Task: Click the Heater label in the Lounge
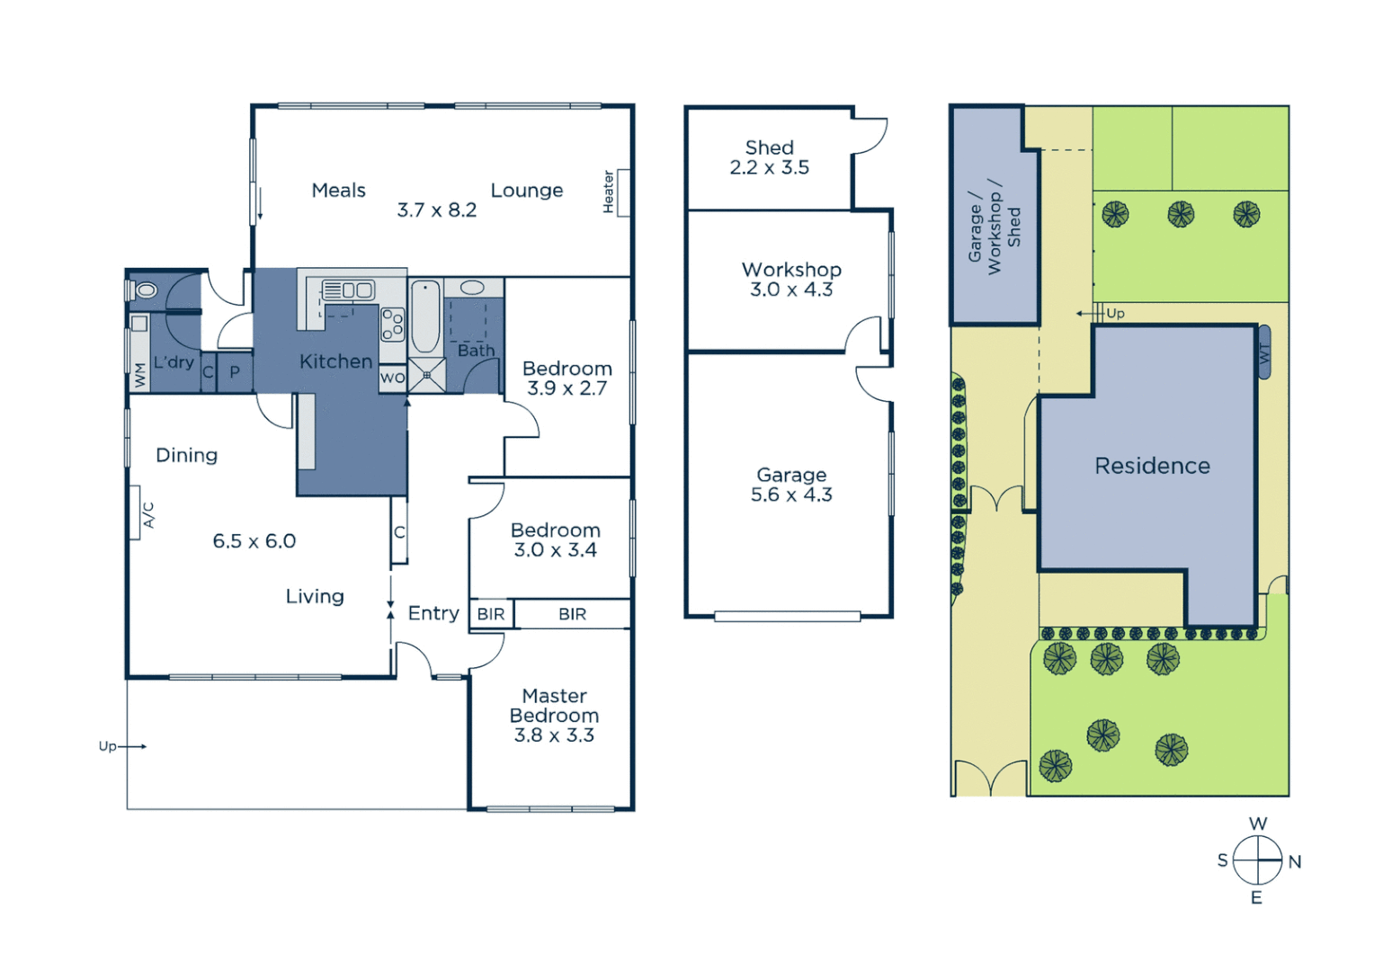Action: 609,192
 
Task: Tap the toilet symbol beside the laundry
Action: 144,290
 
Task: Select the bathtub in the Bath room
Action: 425,317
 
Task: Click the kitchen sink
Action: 349,290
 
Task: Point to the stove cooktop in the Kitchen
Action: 393,325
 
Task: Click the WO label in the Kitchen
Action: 392,379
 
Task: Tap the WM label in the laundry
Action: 139,375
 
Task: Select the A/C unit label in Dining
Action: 148,515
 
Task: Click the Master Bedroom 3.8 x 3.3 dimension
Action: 554,735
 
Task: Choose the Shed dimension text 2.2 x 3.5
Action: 769,168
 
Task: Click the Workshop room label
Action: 791,270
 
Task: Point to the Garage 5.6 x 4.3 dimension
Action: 791,494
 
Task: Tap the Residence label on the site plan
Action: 1152,466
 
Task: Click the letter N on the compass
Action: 1294,861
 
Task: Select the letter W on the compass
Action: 1258,824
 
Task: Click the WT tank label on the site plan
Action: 1264,353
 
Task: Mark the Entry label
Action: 433,613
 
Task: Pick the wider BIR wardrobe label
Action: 572,614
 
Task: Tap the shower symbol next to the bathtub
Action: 426,375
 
